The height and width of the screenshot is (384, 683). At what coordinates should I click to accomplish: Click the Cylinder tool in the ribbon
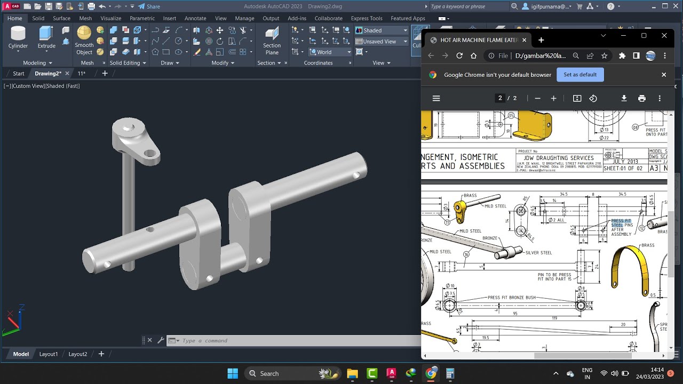(18, 38)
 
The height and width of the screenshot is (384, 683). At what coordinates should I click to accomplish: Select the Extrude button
(46, 38)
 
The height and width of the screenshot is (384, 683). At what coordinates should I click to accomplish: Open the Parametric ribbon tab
(142, 18)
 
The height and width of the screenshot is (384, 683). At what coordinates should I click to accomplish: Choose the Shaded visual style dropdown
(382, 30)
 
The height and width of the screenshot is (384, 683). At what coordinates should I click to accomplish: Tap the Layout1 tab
(49, 354)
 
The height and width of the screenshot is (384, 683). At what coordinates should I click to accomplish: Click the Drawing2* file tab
(48, 74)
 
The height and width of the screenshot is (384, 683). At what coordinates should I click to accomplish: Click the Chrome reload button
(459, 55)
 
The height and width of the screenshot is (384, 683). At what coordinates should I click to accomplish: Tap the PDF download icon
(624, 98)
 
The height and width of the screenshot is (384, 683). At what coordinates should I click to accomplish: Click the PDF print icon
(642, 98)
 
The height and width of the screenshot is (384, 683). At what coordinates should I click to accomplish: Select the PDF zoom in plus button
(553, 98)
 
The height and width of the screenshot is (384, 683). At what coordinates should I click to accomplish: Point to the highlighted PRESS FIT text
(621, 221)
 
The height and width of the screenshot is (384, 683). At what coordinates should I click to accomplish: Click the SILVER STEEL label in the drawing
(539, 253)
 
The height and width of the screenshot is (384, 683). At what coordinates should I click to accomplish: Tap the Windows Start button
(233, 373)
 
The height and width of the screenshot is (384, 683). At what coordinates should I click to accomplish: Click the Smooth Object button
(84, 41)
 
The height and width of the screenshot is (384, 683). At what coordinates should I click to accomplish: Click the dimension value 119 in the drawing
(555, 318)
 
